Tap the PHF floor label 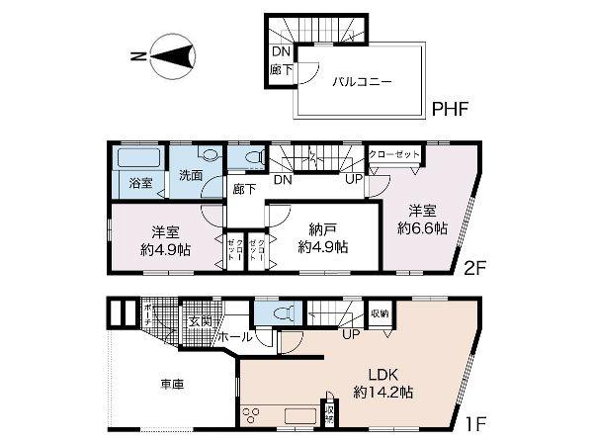451,108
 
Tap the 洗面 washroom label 191,175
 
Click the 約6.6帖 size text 424,227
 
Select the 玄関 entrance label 199,320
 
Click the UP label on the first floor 349,334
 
